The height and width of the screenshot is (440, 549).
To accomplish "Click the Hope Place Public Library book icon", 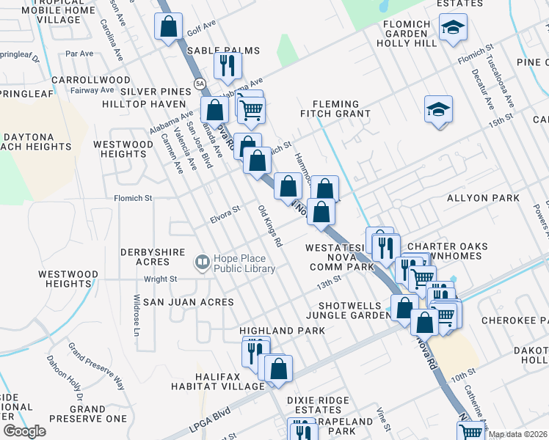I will coord(201,262).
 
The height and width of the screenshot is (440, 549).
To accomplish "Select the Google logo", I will coord(23,431).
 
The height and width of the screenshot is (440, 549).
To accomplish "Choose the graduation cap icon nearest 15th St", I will coord(439,110).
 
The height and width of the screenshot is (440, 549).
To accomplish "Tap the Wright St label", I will coord(160,279).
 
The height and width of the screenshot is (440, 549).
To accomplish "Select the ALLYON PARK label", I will coord(477,199).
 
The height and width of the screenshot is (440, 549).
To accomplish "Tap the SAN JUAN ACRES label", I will coord(188,302).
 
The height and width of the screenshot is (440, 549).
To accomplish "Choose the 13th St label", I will coord(330,280).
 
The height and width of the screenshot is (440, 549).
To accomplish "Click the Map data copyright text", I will coord(517,434).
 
